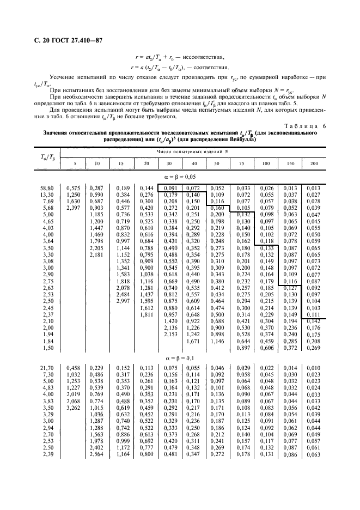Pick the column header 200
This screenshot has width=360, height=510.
(313, 164)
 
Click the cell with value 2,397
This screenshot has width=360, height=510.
(74, 209)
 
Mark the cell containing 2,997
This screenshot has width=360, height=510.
(122, 301)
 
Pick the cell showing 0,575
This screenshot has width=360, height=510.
(74, 188)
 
